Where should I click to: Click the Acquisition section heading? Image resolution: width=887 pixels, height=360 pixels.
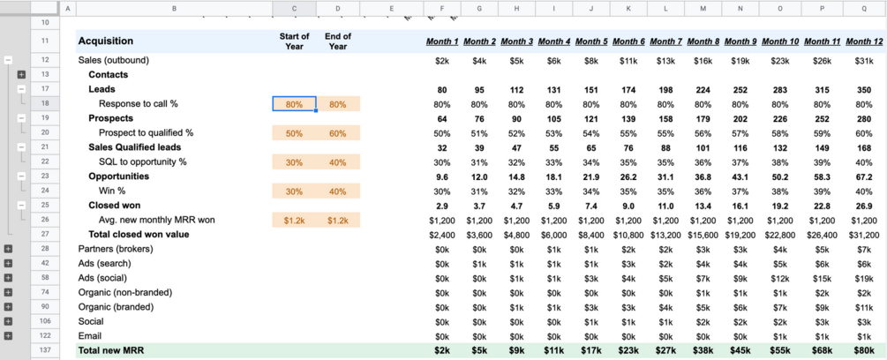click(106, 41)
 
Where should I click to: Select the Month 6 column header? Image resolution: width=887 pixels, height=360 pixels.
click(628, 41)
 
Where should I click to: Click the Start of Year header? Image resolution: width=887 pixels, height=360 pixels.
click(294, 41)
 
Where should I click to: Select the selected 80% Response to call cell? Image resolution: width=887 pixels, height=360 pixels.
click(294, 104)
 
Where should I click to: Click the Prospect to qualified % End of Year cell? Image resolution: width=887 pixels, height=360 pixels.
click(338, 132)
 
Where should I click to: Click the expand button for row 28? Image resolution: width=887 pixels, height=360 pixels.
click(8, 249)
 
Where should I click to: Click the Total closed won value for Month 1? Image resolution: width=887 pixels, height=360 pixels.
click(441, 234)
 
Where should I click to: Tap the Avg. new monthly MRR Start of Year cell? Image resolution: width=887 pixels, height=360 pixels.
click(294, 220)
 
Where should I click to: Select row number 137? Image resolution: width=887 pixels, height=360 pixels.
click(44, 350)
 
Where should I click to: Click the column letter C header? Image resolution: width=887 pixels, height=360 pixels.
click(294, 8)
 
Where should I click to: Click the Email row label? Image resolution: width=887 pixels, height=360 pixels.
click(90, 335)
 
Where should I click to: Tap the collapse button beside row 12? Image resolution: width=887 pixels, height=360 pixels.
click(8, 60)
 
